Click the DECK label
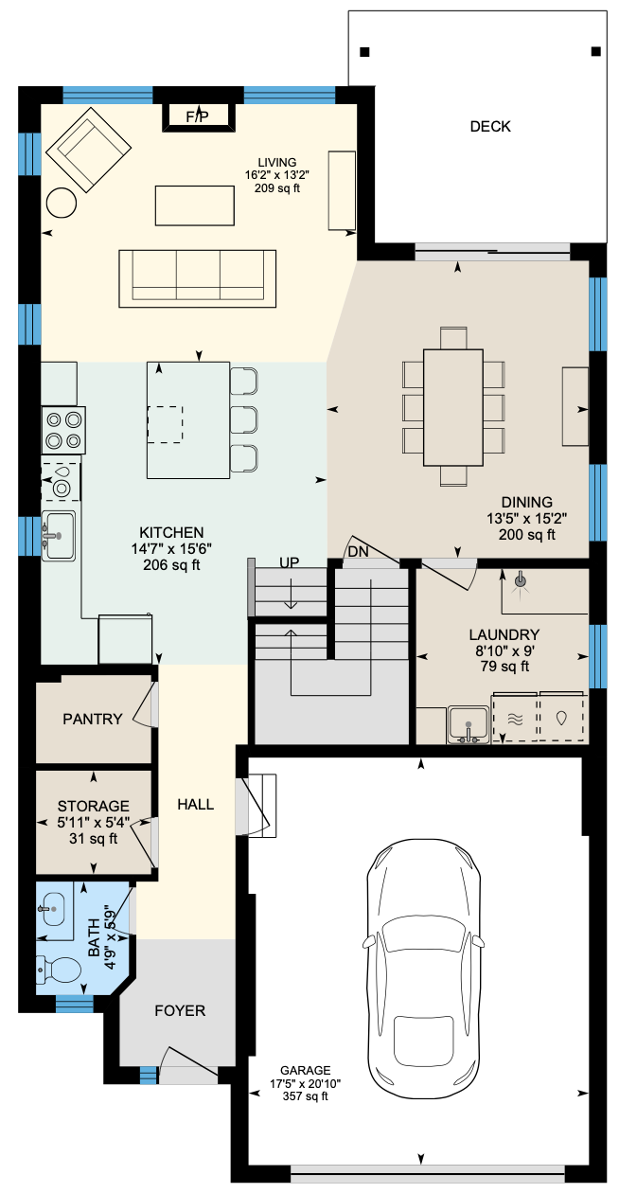(x=490, y=126)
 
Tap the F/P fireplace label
(x=198, y=116)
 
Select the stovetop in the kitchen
(x=63, y=430)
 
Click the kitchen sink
(x=59, y=535)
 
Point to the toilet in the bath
(x=58, y=970)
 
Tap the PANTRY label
(x=93, y=719)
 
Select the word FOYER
(x=180, y=1010)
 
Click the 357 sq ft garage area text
(x=306, y=1095)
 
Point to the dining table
(x=453, y=407)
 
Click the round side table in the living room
(x=62, y=203)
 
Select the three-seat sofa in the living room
(x=198, y=278)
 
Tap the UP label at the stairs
(x=289, y=562)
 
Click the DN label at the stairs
(x=358, y=552)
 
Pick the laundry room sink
(x=469, y=724)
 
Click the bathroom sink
(x=53, y=909)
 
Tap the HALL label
(x=195, y=804)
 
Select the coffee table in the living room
(x=195, y=205)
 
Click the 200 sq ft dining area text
(x=527, y=534)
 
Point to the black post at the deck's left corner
(x=364, y=52)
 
